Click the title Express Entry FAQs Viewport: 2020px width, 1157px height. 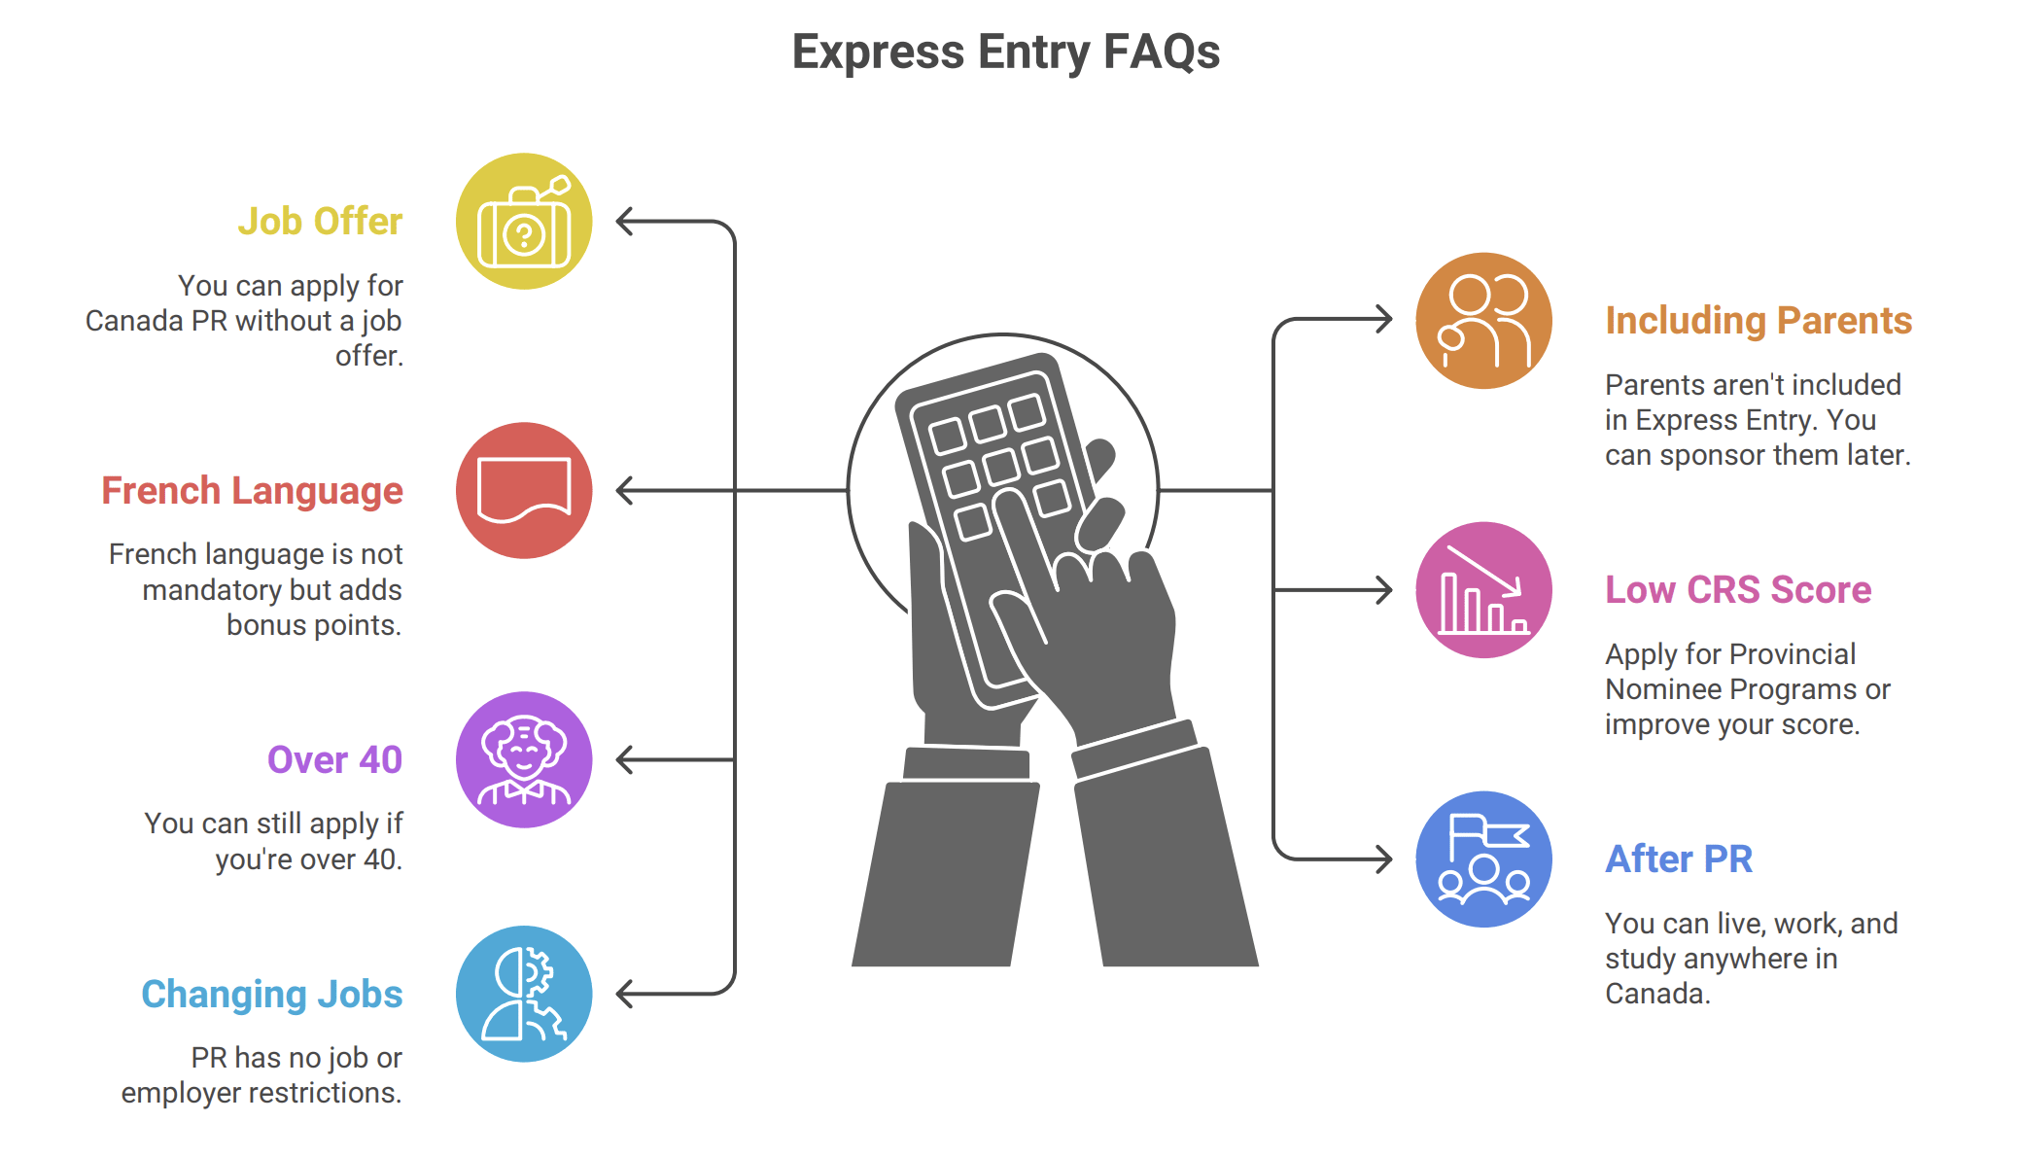pyautogui.click(x=1006, y=52)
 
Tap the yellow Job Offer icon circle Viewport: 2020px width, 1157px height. pyautogui.click(x=524, y=222)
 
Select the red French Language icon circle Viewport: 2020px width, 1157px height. pyautogui.click(x=524, y=491)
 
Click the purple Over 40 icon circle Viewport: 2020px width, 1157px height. pyautogui.click(x=524, y=760)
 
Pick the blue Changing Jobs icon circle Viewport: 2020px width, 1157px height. pyautogui.click(x=524, y=994)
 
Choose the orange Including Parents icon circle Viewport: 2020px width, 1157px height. pyautogui.click(x=1483, y=321)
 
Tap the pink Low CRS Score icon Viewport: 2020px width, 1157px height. pyautogui.click(x=1483, y=590)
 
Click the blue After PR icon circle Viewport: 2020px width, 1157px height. pyautogui.click(x=1483, y=859)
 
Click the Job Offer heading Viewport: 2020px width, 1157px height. pyautogui.click(x=320, y=222)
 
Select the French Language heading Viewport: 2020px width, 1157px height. pyautogui.click(x=252, y=491)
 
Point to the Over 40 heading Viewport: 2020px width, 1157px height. pyautogui.click(x=334, y=760)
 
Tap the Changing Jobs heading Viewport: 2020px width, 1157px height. pyautogui.click(x=272, y=995)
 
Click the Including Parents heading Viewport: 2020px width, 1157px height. pyautogui.click(x=1759, y=321)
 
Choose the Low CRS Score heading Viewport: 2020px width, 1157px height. pyautogui.click(x=1738, y=590)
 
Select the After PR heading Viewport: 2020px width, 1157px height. pyautogui.click(x=1679, y=859)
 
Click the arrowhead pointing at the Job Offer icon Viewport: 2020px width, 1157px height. pyautogui.click(x=625, y=222)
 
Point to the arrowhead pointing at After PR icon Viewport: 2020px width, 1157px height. pyautogui.click(x=1384, y=859)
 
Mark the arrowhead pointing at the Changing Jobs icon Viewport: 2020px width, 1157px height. pyautogui.click(x=625, y=994)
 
